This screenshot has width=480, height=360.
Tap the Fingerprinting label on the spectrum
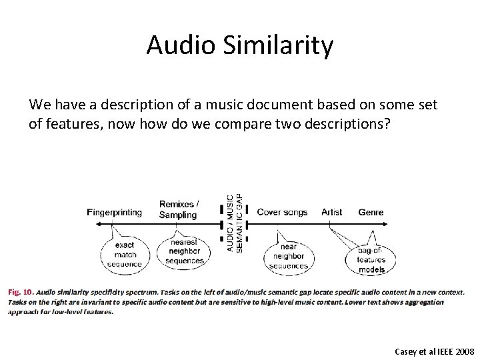[114, 213]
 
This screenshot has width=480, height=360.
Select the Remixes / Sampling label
[178, 209]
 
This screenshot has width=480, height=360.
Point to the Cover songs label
[282, 213]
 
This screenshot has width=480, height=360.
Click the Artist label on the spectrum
[331, 213]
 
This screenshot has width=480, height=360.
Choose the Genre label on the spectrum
[371, 213]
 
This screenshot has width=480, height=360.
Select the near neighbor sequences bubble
[289, 256]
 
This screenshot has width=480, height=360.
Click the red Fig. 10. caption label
[20, 292]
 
